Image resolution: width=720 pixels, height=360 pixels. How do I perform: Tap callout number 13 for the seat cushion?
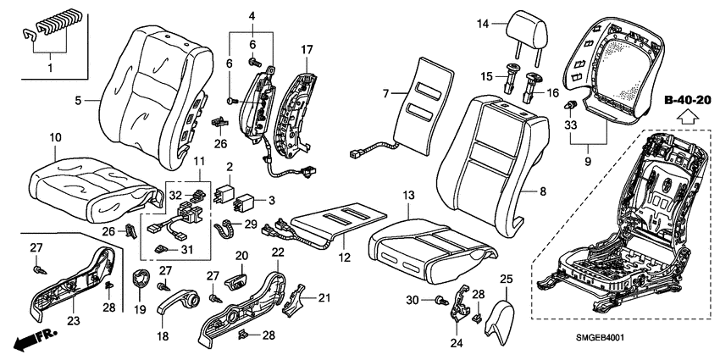[x=408, y=196]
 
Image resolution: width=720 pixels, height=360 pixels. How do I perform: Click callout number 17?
[x=306, y=50]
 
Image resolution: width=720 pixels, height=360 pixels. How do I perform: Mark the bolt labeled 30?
[x=440, y=299]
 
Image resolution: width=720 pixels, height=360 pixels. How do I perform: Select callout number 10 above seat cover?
[x=56, y=136]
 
